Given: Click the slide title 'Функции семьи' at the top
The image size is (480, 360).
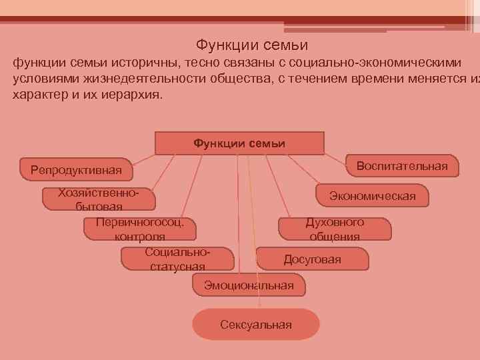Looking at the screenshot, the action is click(x=251, y=45).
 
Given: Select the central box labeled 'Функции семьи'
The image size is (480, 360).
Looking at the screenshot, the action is click(x=239, y=143).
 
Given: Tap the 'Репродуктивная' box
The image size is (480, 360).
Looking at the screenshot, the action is click(x=76, y=170).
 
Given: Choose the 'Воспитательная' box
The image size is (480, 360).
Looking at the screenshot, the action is click(x=402, y=165).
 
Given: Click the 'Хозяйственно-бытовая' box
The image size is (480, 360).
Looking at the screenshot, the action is click(x=99, y=199).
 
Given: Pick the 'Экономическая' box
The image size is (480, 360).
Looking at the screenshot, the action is click(x=372, y=195).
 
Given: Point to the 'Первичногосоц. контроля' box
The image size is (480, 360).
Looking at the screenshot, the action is click(x=140, y=229).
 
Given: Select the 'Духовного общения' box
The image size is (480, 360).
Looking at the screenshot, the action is click(x=334, y=229).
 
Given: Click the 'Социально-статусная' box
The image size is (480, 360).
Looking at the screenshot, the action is click(x=177, y=259).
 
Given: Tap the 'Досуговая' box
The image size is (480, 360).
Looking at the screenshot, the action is click(x=312, y=259).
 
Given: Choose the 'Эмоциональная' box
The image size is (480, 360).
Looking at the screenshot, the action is click(x=249, y=285).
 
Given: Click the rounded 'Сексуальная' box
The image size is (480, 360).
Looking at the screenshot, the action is click(x=256, y=325).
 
